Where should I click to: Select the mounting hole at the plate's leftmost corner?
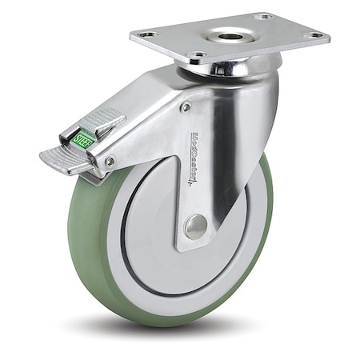coord(146,34)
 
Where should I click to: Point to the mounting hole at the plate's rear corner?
coord(263,16)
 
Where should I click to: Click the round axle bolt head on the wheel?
coord(195,227)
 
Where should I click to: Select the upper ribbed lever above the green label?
coord(102,122)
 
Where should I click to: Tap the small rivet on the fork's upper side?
coord(186,106)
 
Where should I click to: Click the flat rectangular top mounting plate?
coord(272,40)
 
